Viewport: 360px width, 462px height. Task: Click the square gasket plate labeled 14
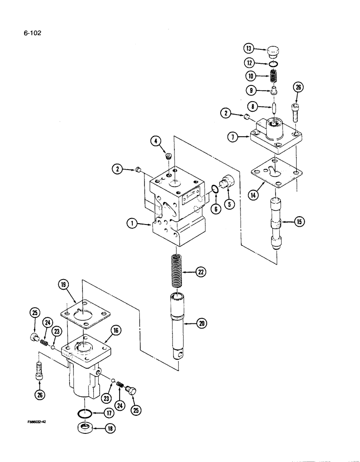(275, 174)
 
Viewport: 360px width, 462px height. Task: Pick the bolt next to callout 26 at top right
(296, 111)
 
